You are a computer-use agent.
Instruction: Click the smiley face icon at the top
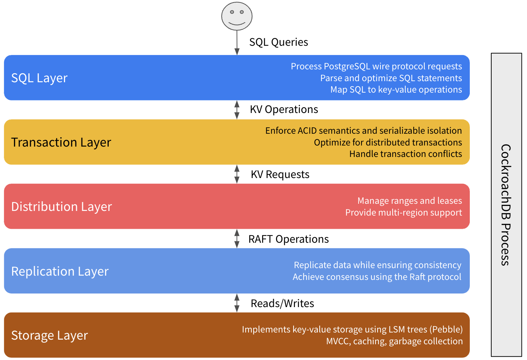(x=237, y=16)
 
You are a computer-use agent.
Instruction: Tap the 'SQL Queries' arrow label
(x=279, y=42)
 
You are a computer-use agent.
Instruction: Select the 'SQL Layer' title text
(x=39, y=78)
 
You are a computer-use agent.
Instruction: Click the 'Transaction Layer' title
(x=61, y=142)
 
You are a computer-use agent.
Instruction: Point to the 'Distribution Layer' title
(x=61, y=207)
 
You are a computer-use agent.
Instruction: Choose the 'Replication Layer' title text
(x=60, y=271)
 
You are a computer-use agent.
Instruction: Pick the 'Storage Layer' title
(x=49, y=335)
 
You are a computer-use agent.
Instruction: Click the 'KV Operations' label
(x=284, y=109)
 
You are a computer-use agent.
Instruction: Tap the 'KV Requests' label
(x=280, y=174)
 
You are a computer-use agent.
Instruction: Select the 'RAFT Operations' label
(x=289, y=239)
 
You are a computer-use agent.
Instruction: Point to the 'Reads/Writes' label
(x=282, y=304)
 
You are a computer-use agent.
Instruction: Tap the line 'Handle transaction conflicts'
(x=405, y=154)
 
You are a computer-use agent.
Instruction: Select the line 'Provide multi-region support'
(x=403, y=213)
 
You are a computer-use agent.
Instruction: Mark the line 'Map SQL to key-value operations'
(x=396, y=90)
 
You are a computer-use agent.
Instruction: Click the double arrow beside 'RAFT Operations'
(x=237, y=238)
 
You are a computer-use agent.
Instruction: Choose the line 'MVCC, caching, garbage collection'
(x=394, y=341)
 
